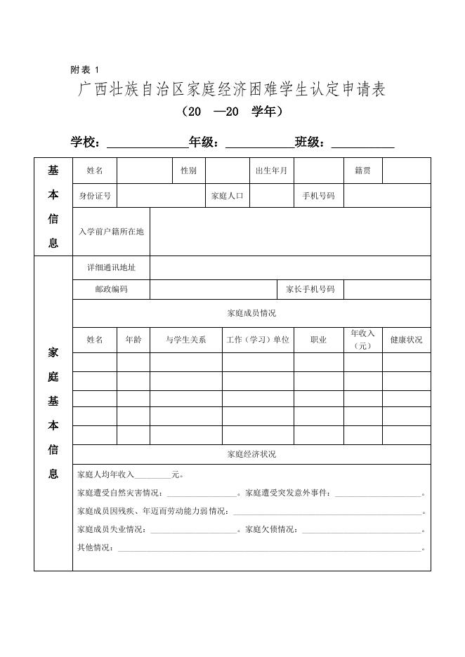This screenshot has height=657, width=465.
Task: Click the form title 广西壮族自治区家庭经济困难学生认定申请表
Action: [x=232, y=90]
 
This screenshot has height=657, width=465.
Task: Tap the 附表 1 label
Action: [x=85, y=69]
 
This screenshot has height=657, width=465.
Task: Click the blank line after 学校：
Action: [x=146, y=143]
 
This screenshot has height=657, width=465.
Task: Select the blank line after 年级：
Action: [x=259, y=143]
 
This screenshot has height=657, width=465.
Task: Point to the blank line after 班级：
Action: [x=362, y=143]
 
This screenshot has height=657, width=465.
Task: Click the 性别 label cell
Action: [x=188, y=171]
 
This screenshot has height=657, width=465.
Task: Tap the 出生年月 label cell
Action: [x=272, y=171]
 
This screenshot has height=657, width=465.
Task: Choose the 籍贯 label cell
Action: [x=362, y=171]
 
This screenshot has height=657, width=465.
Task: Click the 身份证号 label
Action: [x=95, y=196]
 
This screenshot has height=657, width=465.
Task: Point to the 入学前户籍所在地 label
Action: [x=111, y=232]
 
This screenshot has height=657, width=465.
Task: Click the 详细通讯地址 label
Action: [x=111, y=267]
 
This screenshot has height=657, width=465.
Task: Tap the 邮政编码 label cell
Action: [x=111, y=289]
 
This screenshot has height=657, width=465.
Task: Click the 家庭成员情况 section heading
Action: [x=251, y=313]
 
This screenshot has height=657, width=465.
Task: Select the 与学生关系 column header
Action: [x=186, y=340]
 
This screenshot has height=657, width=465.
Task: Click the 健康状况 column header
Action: [x=406, y=340]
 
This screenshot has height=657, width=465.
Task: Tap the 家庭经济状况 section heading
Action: [x=251, y=454]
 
